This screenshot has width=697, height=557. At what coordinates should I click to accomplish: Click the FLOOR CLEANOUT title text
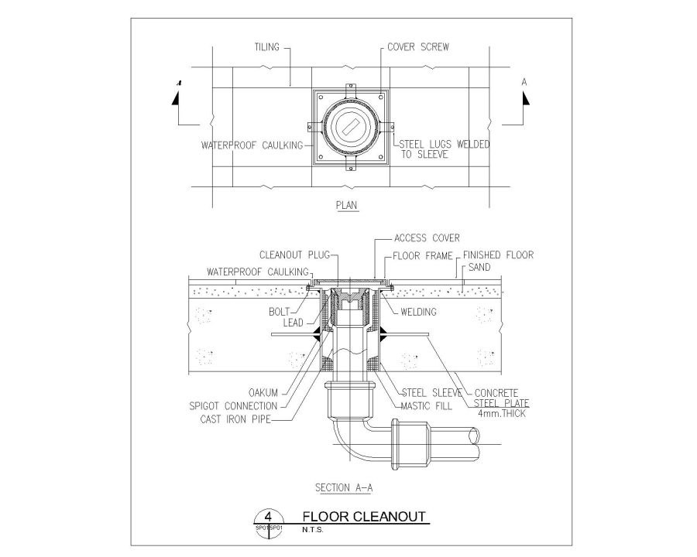pyautogui.click(x=363, y=517)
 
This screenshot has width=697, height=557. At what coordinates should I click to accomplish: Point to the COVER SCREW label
pyautogui.click(x=418, y=46)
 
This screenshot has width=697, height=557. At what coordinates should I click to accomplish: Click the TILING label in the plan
pyautogui.click(x=267, y=46)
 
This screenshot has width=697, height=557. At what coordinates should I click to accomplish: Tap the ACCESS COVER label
pyautogui.click(x=427, y=238)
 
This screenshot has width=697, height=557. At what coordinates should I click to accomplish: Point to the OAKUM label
pyautogui.click(x=263, y=391)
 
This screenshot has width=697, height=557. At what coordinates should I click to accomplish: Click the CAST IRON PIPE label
pyautogui.click(x=242, y=419)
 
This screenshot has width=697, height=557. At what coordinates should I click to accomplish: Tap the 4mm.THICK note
pyautogui.click(x=496, y=414)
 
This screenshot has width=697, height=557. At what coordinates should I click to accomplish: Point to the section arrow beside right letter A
pyautogui.click(x=525, y=99)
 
